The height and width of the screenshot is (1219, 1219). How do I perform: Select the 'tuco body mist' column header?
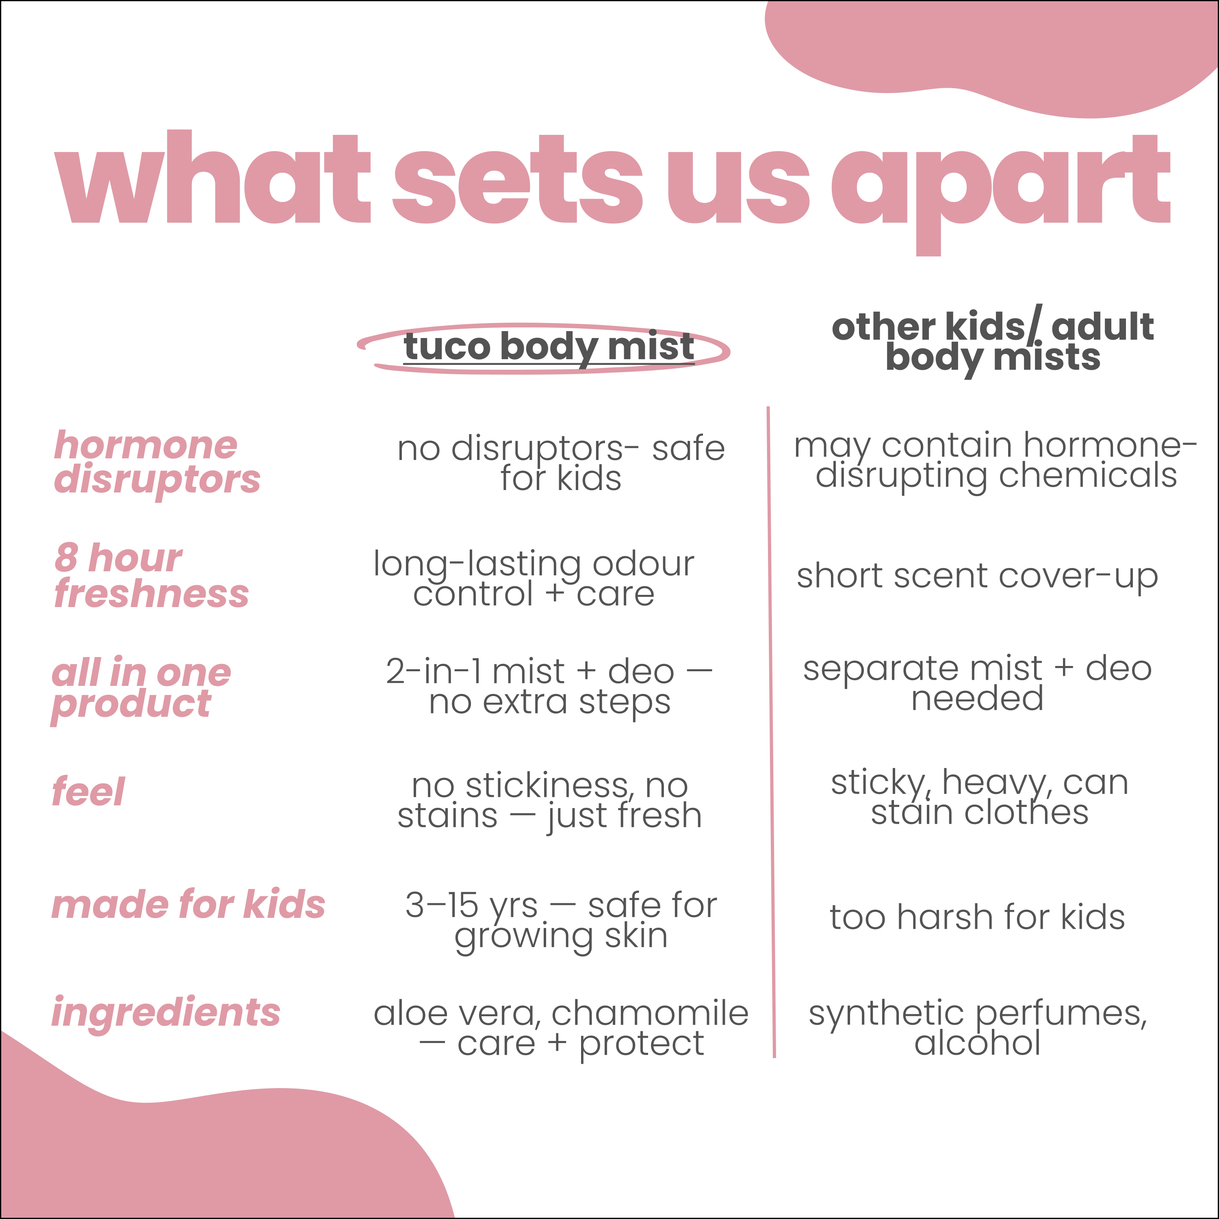click(x=548, y=347)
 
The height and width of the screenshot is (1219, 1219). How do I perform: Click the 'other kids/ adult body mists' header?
click(x=993, y=342)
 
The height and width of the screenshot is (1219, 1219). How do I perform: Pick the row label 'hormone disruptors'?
click(x=156, y=462)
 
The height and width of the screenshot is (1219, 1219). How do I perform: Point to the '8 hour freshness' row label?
click(x=152, y=575)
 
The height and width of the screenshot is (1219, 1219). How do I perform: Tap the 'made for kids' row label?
click(x=188, y=904)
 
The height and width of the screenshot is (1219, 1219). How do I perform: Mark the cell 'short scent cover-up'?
click(x=977, y=577)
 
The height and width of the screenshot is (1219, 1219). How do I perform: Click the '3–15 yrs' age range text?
click(x=471, y=906)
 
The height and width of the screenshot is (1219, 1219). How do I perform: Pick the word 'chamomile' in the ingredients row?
click(x=650, y=1013)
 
